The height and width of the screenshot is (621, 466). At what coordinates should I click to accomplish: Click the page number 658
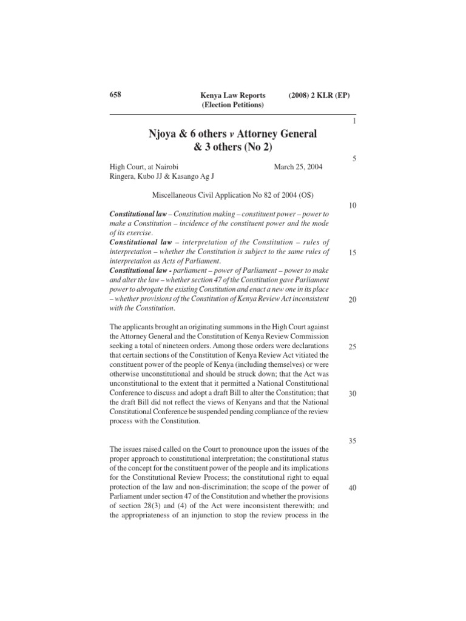(115, 95)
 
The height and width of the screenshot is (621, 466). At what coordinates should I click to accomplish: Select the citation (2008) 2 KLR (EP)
(320, 96)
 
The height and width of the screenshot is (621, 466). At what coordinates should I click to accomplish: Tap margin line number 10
(353, 206)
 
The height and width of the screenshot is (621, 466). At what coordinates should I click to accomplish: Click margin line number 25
(353, 347)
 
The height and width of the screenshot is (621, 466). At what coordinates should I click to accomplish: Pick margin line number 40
(353, 488)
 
